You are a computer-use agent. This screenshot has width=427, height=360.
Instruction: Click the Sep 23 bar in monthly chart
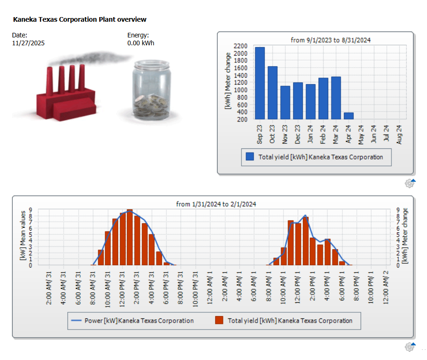[260, 83]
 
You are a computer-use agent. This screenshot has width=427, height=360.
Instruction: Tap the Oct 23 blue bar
[272, 93]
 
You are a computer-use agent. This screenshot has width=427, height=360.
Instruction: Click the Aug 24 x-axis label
[399, 134]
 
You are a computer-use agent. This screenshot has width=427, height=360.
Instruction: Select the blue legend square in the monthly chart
[250, 157]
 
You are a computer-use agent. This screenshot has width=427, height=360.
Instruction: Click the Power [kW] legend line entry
[132, 321]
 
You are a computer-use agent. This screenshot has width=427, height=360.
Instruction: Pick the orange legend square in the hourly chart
[219, 321]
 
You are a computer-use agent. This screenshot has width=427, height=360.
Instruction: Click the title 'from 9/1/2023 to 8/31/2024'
[331, 40]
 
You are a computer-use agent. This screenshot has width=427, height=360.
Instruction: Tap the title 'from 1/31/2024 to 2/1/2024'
[216, 204]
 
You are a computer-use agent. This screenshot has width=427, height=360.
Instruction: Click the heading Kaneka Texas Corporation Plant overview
[79, 19]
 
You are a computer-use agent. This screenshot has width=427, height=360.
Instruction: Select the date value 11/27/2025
[28, 43]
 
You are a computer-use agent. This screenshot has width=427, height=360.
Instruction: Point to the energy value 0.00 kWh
[141, 43]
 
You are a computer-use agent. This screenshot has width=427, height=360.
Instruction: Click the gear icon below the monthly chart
[409, 183]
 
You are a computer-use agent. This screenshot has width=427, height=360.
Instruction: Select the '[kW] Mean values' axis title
[22, 234]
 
